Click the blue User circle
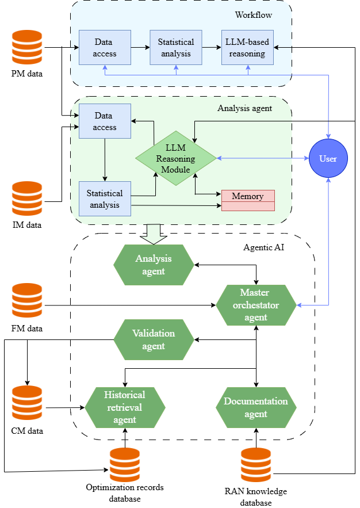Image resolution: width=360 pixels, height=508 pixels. [x=328, y=158]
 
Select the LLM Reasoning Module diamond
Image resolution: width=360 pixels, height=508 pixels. [x=175, y=158]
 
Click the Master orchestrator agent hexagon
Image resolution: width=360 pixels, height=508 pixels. [x=256, y=305]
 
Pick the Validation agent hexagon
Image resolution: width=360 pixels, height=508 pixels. [x=153, y=340]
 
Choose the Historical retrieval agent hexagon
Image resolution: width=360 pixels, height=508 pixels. [x=125, y=407]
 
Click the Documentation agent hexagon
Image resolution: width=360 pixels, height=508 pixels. [x=256, y=407]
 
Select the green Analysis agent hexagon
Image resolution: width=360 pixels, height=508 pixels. [x=153, y=265]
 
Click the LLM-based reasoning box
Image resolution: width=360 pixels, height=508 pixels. [x=248, y=48]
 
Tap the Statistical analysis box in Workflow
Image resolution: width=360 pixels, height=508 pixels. [x=176, y=48]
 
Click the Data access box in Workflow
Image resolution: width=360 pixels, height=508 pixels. [x=105, y=48]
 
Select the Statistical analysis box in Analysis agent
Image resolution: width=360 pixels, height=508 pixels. [x=105, y=198]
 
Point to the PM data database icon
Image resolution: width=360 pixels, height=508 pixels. [x=27, y=48]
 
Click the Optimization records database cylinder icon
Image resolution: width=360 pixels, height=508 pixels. [x=125, y=465]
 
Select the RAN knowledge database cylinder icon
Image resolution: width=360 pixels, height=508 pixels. [x=256, y=465]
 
